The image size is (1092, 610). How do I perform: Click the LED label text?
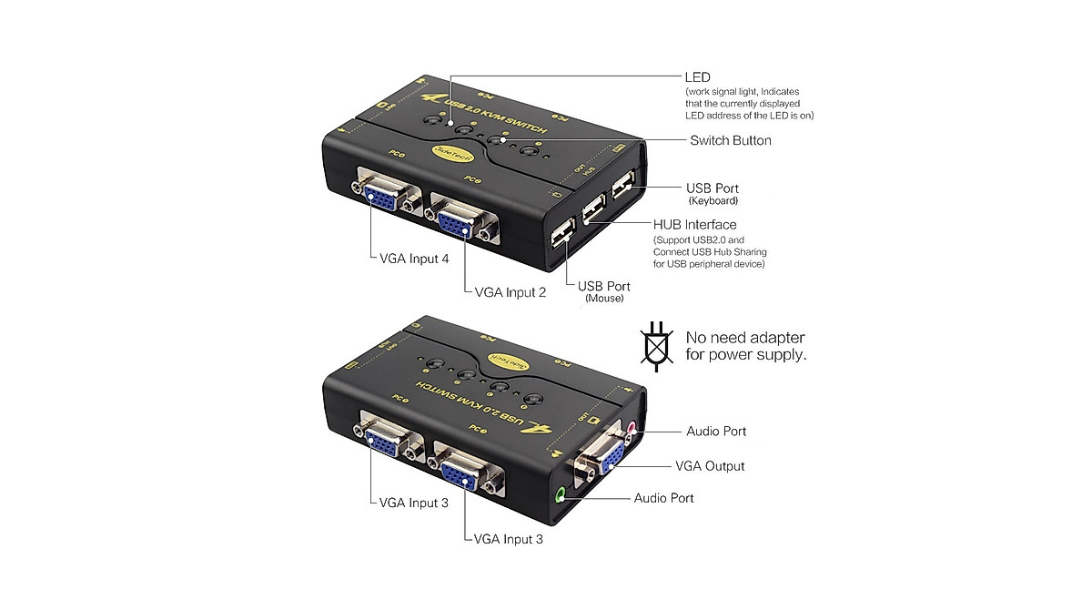coord(697,77)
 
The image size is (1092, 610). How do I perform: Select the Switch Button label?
coord(731,140)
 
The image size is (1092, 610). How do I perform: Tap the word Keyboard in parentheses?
coord(713,200)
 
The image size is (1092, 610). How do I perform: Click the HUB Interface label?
coord(695,224)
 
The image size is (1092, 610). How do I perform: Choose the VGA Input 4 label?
coord(409,259)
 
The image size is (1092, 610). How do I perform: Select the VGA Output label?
coord(710,466)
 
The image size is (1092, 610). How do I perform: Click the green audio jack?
coord(562,495)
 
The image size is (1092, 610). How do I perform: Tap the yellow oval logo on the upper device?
coord(449,153)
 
